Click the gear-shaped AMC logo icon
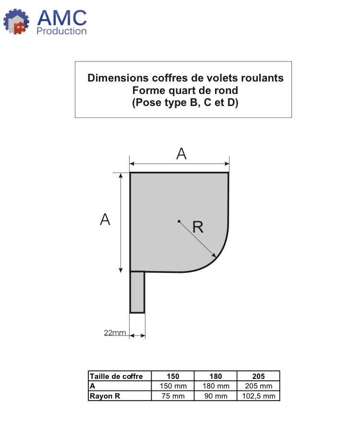click(x=16, y=22)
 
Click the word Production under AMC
click(x=61, y=31)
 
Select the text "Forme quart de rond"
click(x=185, y=90)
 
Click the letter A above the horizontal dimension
click(x=181, y=154)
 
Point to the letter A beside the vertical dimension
click(x=105, y=220)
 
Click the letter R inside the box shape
click(x=198, y=227)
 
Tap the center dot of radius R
click(x=179, y=221)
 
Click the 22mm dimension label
click(x=115, y=333)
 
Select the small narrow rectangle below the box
click(x=137, y=292)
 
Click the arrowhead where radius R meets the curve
click(x=214, y=255)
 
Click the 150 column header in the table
click(x=173, y=376)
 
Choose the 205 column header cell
click(x=258, y=376)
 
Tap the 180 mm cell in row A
click(x=216, y=386)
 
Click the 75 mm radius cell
click(x=173, y=396)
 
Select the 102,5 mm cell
click(x=258, y=396)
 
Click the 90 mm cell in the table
click(x=216, y=396)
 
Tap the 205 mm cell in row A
click(x=258, y=386)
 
